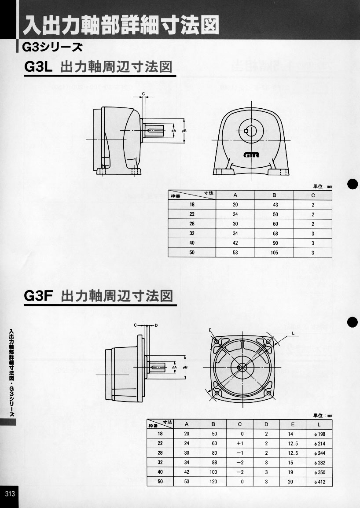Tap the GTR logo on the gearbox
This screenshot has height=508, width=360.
251,154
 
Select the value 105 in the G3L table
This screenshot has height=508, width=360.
274,253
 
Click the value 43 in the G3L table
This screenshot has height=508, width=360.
274,205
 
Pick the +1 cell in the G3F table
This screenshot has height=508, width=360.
240,443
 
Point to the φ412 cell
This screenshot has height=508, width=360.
319,482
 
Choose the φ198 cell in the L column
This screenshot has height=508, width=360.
319,434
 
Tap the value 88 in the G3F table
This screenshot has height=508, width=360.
213,463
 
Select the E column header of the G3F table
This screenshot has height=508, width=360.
293,424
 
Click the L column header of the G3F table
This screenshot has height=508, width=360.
319,424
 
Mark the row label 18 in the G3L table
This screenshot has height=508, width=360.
191,205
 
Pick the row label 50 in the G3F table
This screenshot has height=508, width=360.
160,482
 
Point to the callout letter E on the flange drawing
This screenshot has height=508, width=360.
210,330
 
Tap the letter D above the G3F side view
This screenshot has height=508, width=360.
156,326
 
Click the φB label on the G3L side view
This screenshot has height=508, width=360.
185,131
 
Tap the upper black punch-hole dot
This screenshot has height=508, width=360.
353,184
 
